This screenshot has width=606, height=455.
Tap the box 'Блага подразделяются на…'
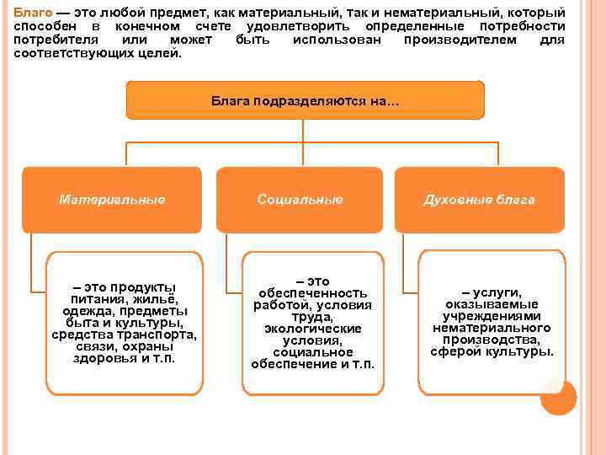(305, 100)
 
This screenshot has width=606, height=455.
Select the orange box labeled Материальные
(112, 200)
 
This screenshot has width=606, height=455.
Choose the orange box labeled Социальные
(300, 200)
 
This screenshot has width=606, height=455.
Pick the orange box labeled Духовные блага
(479, 200)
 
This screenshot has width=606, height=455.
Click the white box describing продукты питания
(125, 322)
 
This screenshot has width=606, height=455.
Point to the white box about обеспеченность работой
(312, 323)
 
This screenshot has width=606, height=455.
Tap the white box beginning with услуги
(492, 322)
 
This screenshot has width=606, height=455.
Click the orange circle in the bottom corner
(558, 397)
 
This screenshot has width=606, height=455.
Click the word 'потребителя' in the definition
(54, 40)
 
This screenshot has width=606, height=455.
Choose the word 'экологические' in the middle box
(312, 329)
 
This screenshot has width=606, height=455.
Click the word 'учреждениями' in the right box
(492, 316)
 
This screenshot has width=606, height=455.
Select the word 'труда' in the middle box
(312, 317)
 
